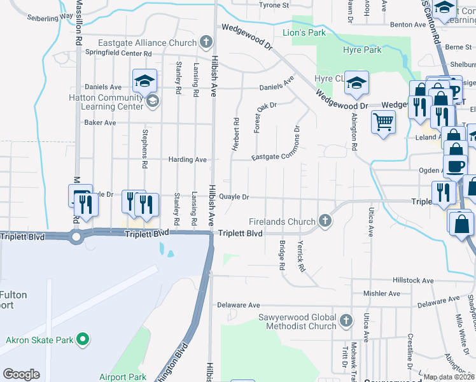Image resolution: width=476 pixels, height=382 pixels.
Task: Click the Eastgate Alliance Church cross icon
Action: [x=205, y=43]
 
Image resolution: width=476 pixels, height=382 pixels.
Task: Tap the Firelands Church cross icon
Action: [x=325, y=222]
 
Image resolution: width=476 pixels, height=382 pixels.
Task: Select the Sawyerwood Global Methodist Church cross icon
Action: [x=346, y=320]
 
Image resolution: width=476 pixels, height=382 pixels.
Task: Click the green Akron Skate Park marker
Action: [x=81, y=340]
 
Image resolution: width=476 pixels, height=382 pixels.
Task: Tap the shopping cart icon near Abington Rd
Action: [x=382, y=121]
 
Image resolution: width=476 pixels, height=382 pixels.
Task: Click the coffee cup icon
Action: [x=455, y=167]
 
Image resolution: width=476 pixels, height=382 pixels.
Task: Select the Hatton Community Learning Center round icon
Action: [x=152, y=101]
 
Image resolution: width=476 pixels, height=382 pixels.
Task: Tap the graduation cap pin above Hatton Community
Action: [x=144, y=81]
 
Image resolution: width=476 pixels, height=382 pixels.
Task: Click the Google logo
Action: [x=21, y=374]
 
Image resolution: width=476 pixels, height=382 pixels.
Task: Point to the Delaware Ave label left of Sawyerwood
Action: [x=239, y=306]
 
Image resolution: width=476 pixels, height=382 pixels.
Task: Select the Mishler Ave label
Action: [x=381, y=294]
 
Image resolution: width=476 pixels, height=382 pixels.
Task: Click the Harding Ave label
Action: [x=187, y=159]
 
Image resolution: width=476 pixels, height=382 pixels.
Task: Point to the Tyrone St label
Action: [x=274, y=5]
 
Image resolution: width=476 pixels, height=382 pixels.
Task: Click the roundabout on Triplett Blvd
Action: [x=76, y=237]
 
